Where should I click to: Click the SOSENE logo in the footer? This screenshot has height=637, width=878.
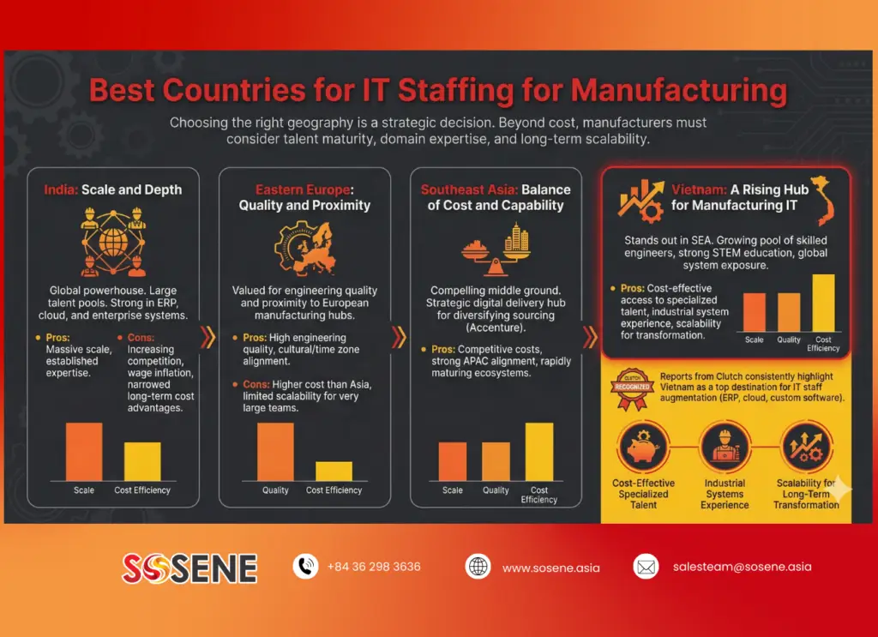pyautogui.click(x=189, y=568)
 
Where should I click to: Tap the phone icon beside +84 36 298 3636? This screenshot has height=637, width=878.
pyautogui.click(x=305, y=567)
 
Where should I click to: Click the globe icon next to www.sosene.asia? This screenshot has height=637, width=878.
pyautogui.click(x=478, y=567)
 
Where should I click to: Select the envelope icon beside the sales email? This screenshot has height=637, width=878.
pyautogui.click(x=645, y=567)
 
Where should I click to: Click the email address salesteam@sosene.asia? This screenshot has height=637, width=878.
pyautogui.click(x=742, y=567)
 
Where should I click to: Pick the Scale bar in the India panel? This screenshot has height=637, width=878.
pyautogui.click(x=84, y=452)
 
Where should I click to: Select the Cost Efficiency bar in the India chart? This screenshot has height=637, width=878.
pyautogui.click(x=142, y=461)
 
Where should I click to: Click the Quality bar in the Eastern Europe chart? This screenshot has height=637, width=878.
pyautogui.click(x=275, y=452)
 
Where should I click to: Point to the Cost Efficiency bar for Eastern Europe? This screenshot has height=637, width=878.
pyautogui.click(x=334, y=471)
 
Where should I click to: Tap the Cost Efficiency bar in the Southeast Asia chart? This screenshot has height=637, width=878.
pyautogui.click(x=539, y=452)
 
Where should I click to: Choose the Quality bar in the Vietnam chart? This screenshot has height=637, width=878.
pyautogui.click(x=789, y=312)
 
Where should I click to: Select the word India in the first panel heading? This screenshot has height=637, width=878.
pyautogui.click(x=61, y=189)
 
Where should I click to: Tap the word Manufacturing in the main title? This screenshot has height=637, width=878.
pyautogui.click(x=678, y=91)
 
